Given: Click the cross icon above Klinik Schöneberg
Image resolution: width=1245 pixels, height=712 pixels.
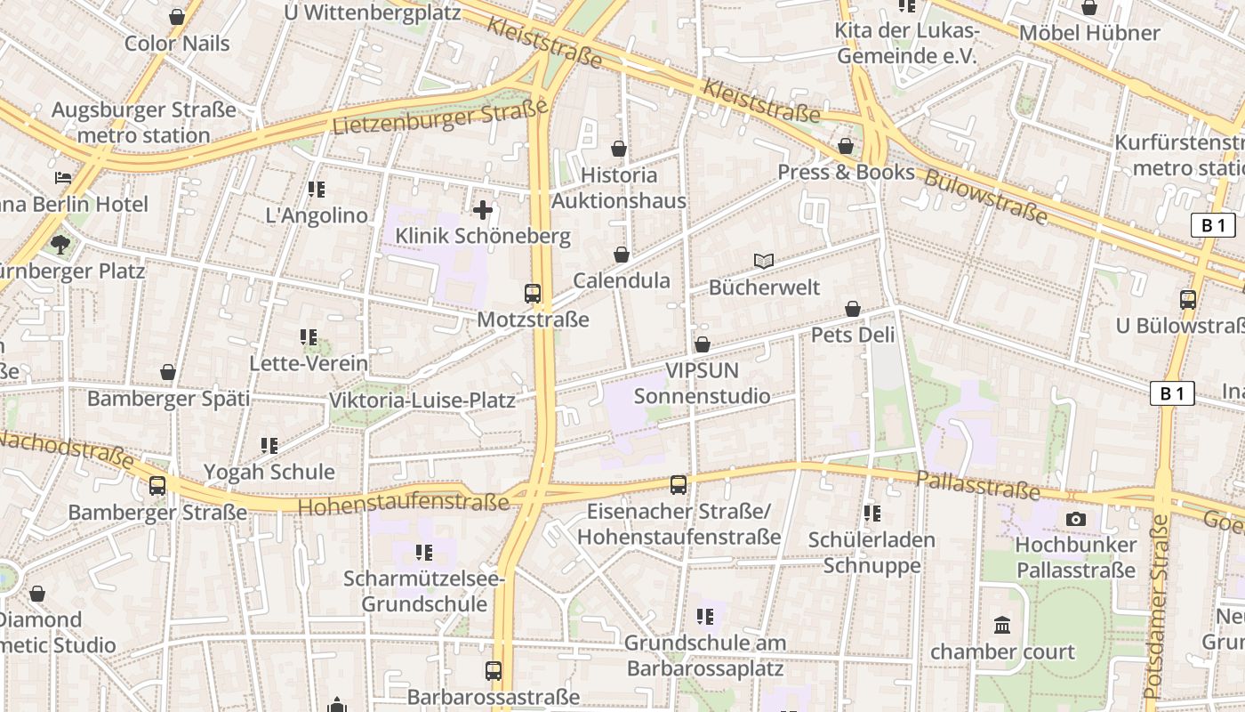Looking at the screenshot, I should click(x=483, y=210).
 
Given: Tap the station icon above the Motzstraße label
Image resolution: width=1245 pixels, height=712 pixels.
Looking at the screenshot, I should click(x=533, y=293).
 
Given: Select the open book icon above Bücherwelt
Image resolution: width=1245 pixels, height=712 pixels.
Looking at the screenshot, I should click(x=764, y=261).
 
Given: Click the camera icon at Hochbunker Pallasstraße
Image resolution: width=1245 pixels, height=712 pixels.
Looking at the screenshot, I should click(x=1076, y=519).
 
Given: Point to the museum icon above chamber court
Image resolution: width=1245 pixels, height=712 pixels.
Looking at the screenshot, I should click(x=1003, y=626).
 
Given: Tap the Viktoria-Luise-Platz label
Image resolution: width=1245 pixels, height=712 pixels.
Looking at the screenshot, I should click(x=422, y=400).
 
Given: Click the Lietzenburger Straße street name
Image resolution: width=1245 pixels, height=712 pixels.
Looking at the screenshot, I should click(x=440, y=118).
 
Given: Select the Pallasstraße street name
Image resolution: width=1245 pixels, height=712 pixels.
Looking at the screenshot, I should click(x=977, y=485).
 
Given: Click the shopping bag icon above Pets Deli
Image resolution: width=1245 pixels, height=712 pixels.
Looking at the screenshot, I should click(x=853, y=309).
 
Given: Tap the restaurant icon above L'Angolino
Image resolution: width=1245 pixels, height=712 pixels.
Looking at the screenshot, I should click(x=317, y=190).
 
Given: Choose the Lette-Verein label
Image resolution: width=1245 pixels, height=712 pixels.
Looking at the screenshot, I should click(x=309, y=363).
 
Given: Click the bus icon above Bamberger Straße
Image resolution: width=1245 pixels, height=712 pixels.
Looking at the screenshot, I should click(x=157, y=486).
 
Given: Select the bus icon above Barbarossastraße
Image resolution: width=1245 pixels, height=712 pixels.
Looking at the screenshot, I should click(x=494, y=671).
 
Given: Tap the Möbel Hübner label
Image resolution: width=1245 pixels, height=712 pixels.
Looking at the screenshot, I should click(x=1089, y=33).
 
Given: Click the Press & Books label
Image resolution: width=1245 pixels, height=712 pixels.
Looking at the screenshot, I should click(x=846, y=172).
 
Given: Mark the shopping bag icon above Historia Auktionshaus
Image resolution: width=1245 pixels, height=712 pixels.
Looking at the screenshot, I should click(x=619, y=149).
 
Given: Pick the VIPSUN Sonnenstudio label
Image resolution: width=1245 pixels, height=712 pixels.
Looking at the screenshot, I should click(x=703, y=384).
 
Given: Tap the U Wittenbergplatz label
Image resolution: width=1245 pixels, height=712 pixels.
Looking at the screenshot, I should click(x=373, y=12).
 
